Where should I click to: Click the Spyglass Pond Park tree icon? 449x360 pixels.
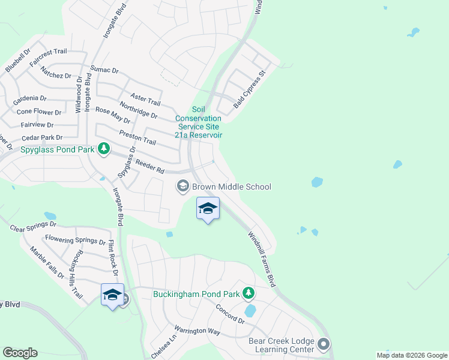point(104,149)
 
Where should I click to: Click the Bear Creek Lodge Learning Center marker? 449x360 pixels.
point(324,344)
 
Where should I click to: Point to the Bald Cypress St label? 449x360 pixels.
point(249,90)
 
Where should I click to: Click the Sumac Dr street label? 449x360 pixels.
point(104,70)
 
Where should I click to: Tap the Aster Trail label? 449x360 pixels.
point(146,98)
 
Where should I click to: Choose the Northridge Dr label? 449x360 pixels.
point(138,110)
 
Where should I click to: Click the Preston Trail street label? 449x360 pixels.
point(137,137)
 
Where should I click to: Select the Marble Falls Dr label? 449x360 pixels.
point(47,263)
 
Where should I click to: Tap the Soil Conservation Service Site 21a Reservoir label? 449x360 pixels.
point(198,122)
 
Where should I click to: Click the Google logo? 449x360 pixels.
point(20,353)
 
